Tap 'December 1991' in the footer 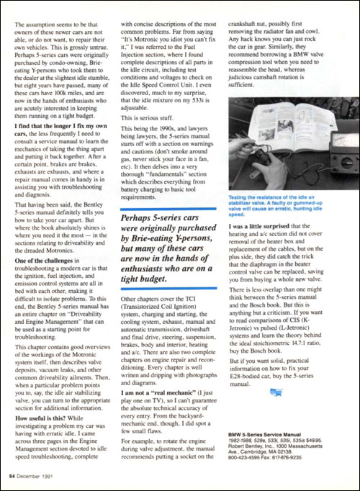click(42, 475)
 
